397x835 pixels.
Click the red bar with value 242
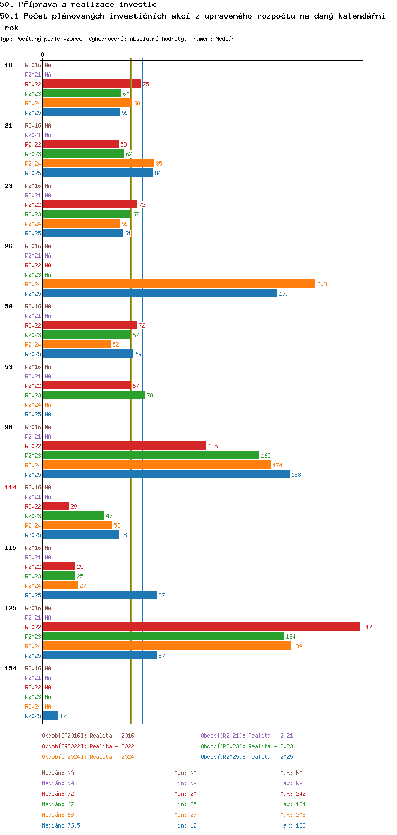(202, 627)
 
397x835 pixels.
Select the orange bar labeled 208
(179, 284)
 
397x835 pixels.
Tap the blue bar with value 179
(160, 293)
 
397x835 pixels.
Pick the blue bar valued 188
(166, 474)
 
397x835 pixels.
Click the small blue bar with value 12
(51, 715)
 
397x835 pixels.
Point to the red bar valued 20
(56, 506)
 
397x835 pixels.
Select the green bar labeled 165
(151, 455)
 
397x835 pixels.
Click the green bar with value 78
(94, 395)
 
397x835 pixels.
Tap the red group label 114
(11, 487)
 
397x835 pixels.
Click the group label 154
(11, 668)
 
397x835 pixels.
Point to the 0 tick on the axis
(42, 55)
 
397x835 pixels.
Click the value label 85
(159, 164)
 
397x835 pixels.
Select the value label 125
(213, 446)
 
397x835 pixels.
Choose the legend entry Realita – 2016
(88, 736)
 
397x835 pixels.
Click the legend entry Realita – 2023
(247, 746)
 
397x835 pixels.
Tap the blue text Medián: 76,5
(61, 825)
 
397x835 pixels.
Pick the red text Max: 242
(293, 794)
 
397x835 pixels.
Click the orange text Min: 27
(185, 815)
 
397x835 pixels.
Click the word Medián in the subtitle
(225, 39)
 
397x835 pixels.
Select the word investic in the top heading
(138, 4)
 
